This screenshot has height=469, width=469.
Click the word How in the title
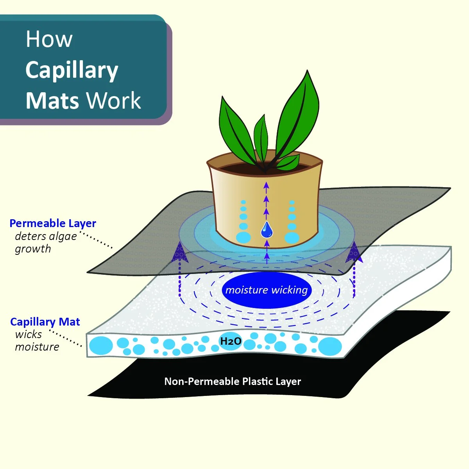[49, 39]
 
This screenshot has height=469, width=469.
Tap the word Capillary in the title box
[72, 70]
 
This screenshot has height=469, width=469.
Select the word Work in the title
[113, 101]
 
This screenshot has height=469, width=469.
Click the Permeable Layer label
[53, 224]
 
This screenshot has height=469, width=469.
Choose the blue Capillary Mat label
[45, 322]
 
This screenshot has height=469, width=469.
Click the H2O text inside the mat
[231, 342]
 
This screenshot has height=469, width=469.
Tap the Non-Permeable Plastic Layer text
[233, 381]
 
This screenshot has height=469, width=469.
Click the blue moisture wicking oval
[267, 290]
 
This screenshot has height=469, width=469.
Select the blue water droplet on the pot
[267, 229]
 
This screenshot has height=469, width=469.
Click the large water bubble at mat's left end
[101, 345]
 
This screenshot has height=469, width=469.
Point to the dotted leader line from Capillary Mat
[66, 339]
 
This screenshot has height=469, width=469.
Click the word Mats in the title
[52, 101]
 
